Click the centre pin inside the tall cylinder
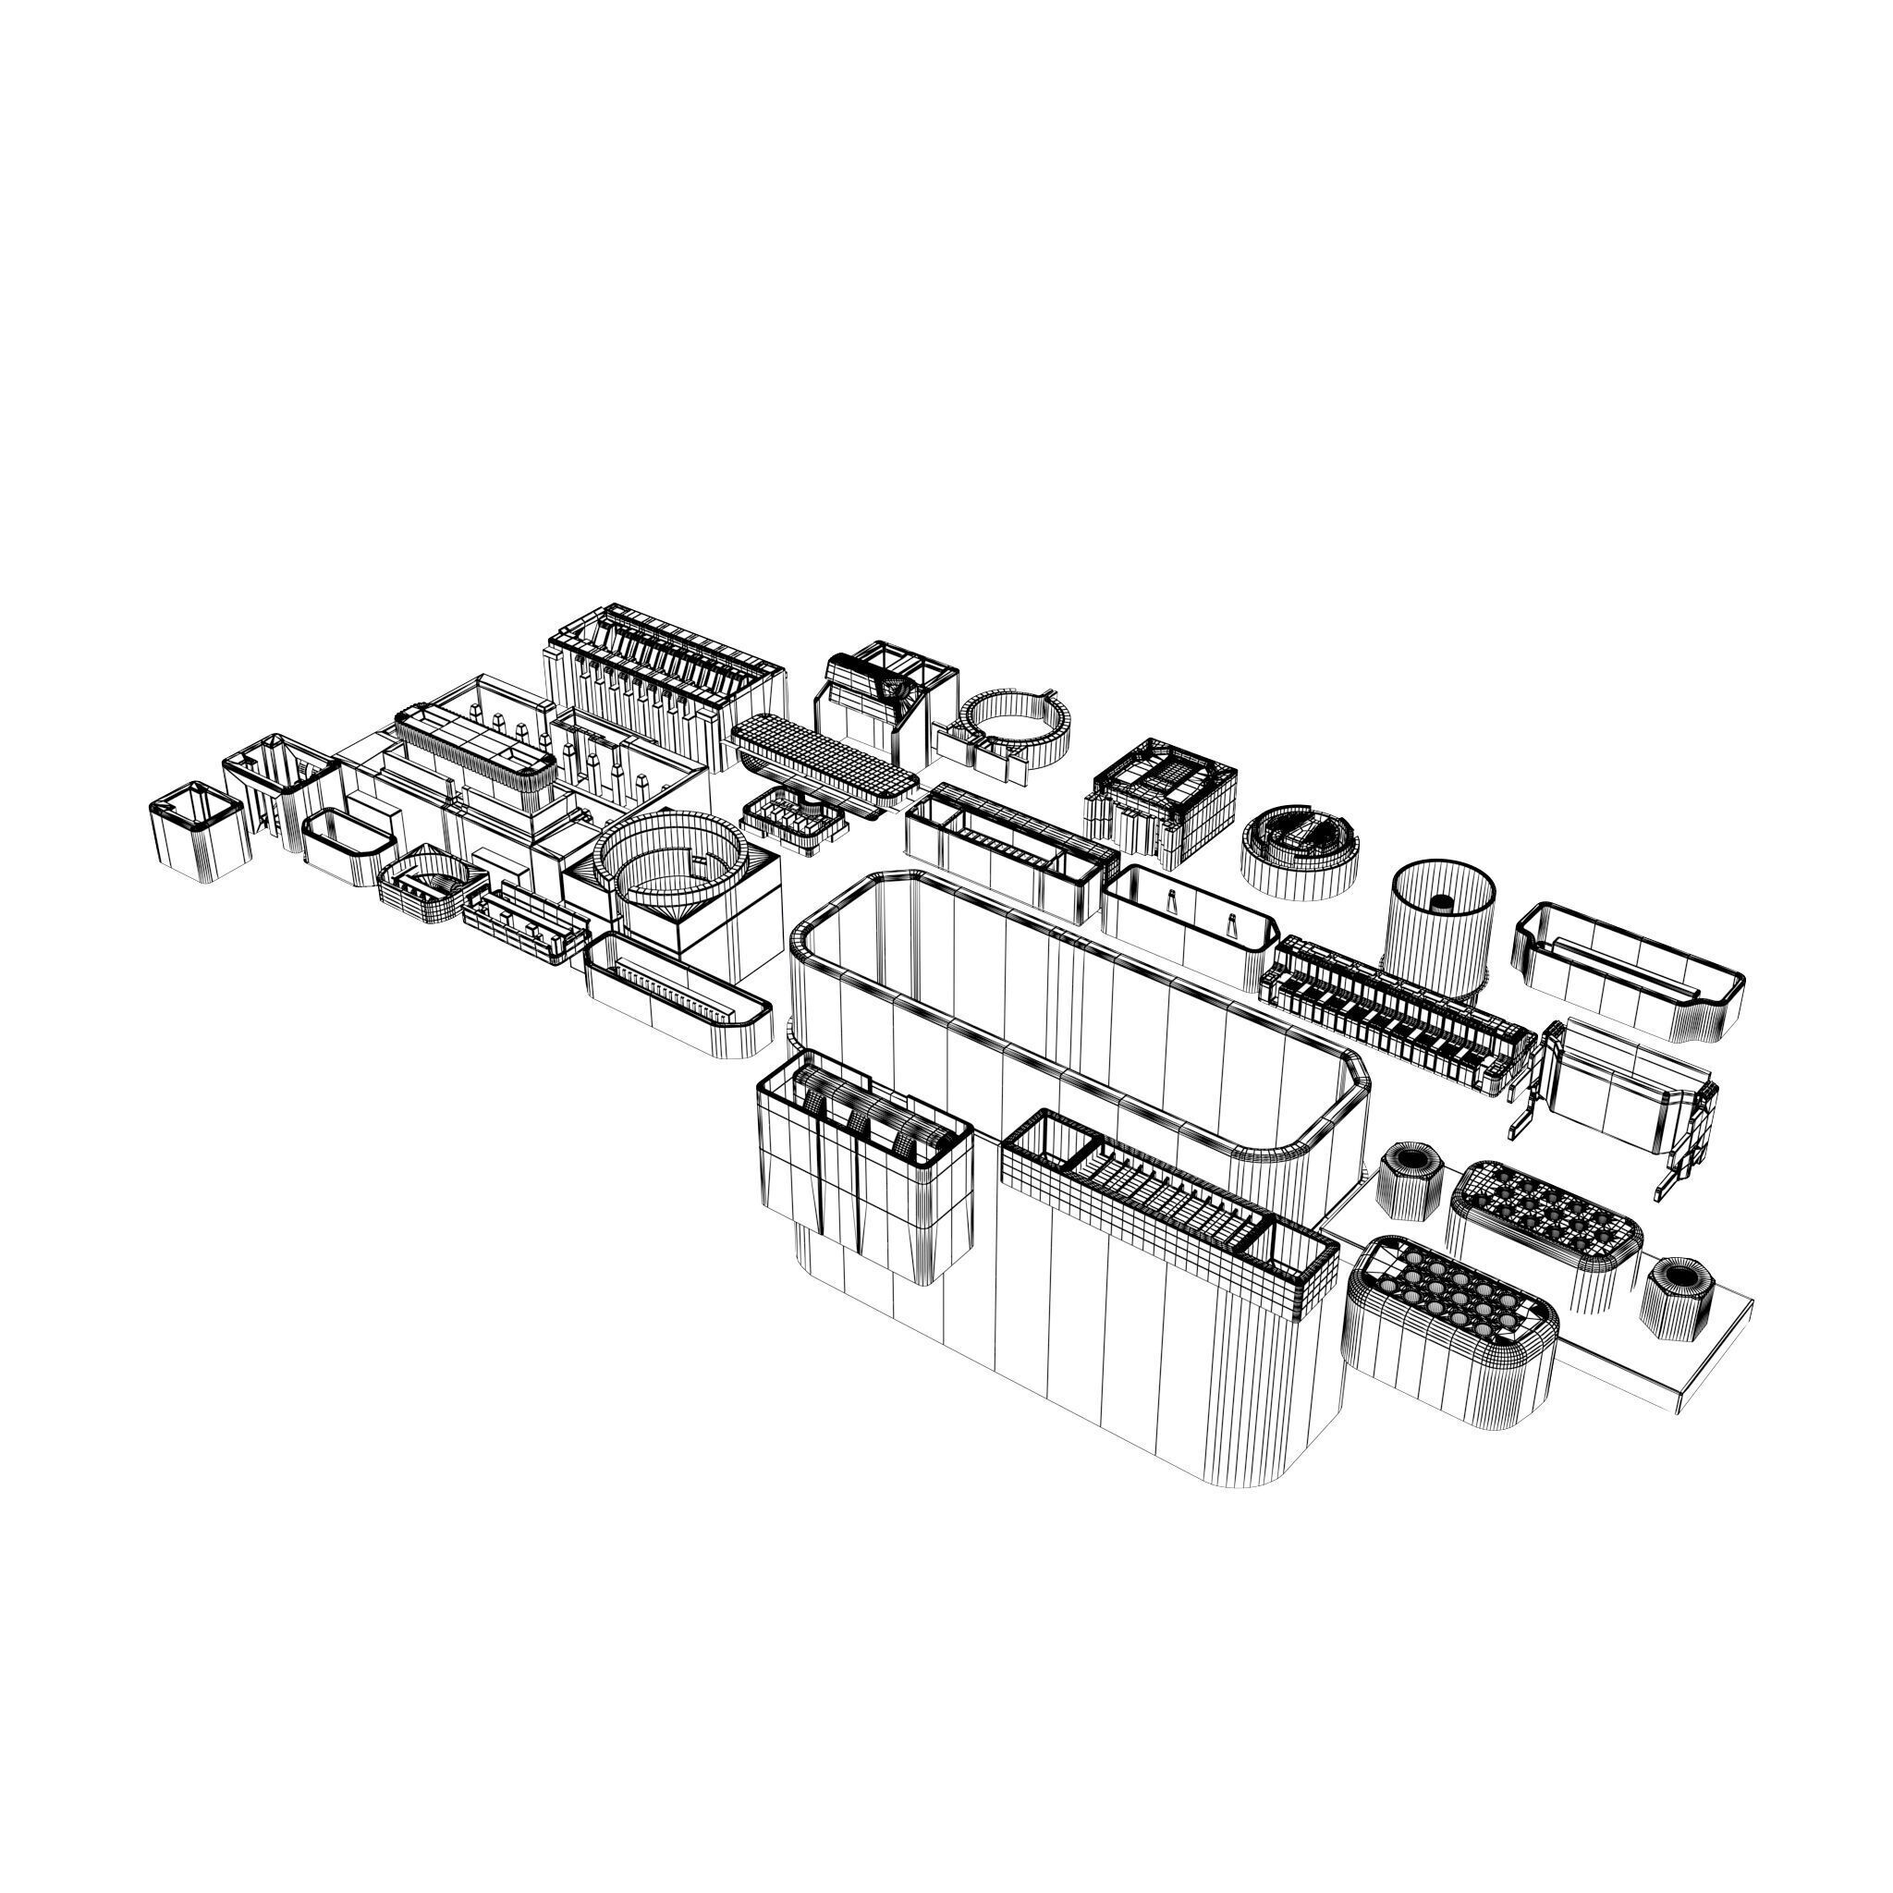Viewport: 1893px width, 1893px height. coord(1441,901)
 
